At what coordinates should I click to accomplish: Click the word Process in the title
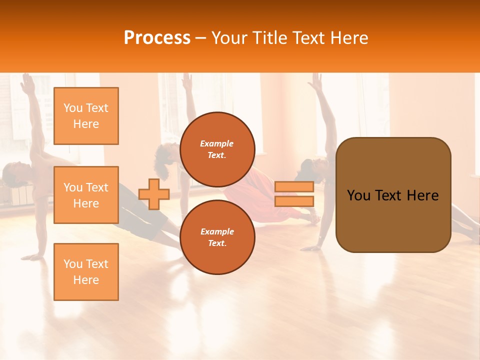pos(157,38)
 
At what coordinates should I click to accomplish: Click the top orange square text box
pos(86,116)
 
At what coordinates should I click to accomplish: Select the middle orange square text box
pos(86,195)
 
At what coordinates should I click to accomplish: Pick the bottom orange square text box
pos(86,272)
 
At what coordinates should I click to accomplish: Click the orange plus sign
pos(154,194)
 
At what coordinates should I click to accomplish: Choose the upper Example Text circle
pos(217,149)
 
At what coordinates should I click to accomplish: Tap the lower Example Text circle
pos(217,237)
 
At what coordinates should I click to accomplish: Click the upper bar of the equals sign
pos(294,186)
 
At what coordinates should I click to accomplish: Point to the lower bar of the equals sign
pos(294,201)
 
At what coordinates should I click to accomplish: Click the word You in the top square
pos(73,108)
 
